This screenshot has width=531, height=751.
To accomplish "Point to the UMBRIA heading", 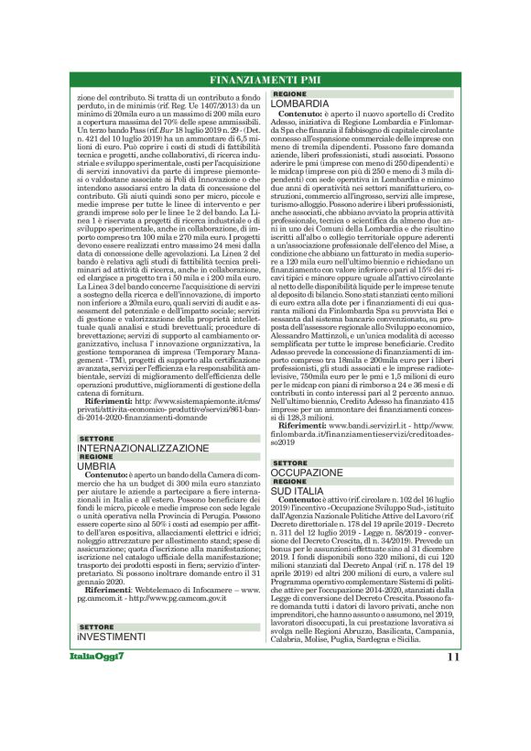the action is (x=96, y=466).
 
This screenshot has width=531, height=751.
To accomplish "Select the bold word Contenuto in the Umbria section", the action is (x=105, y=476).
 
